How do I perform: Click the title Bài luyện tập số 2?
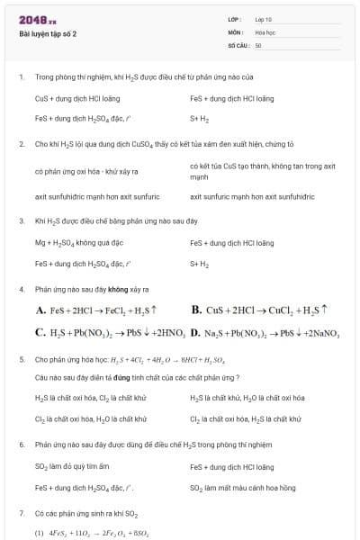pyautogui.click(x=48, y=34)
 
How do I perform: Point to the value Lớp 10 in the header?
pyautogui.click(x=263, y=19)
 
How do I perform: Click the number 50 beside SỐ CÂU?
pyautogui.click(x=258, y=44)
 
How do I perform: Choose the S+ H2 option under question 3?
pyautogui.click(x=199, y=264)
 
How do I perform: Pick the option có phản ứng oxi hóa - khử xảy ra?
pyautogui.click(x=86, y=171)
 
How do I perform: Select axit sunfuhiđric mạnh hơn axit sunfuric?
pyautogui.click(x=97, y=196)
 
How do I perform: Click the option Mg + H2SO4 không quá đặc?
pyautogui.click(x=79, y=243)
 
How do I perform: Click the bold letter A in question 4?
pyautogui.click(x=40, y=310)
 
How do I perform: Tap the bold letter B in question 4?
pyautogui.click(x=195, y=310)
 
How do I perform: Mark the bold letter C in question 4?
pyautogui.click(x=40, y=333)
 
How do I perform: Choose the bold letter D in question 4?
pyautogui.click(x=195, y=333)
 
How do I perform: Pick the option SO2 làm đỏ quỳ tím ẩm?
pyautogui.click(x=72, y=467)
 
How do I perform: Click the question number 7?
pyautogui.click(x=21, y=512)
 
